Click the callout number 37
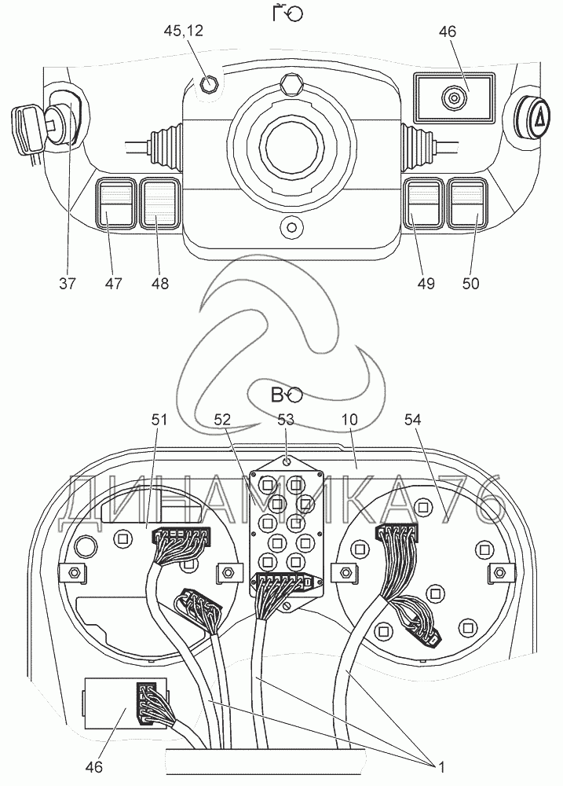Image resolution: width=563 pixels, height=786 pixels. [68, 283]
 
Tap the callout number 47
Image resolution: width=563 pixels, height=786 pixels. [115, 283]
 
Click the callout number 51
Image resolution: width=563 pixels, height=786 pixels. [159, 421]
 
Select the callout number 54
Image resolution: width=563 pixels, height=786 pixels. [411, 421]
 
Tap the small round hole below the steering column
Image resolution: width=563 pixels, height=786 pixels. [291, 228]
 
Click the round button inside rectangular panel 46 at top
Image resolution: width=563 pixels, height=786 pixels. [454, 98]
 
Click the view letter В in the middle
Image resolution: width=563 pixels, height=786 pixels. [276, 395]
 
